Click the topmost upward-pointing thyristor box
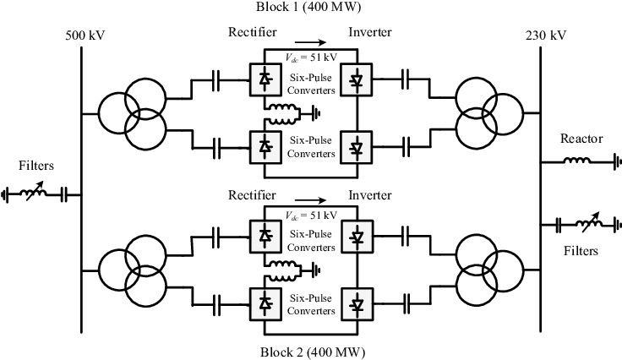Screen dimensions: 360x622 point(265,79)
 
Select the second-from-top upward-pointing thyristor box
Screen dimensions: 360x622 point(265,147)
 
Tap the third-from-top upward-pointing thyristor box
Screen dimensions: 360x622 point(265,237)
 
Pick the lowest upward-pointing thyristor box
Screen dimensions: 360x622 point(265,303)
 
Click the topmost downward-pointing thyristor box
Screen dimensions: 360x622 point(357,79)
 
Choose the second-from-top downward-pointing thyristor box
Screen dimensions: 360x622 point(357,147)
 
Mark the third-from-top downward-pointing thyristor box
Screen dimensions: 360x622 point(357,237)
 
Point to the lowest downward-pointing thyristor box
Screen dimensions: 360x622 point(357,303)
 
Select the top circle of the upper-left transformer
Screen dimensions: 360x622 point(146,96)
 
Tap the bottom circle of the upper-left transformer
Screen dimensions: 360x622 point(146,131)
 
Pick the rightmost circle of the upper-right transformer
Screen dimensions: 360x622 point(505,114)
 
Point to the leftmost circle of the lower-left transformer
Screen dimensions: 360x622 point(117,270)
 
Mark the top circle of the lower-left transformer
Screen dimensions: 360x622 point(146,254)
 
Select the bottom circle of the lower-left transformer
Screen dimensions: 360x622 point(146,288)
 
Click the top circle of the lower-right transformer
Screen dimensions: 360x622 point(476,254)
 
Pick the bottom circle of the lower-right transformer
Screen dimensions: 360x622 point(476,288)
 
